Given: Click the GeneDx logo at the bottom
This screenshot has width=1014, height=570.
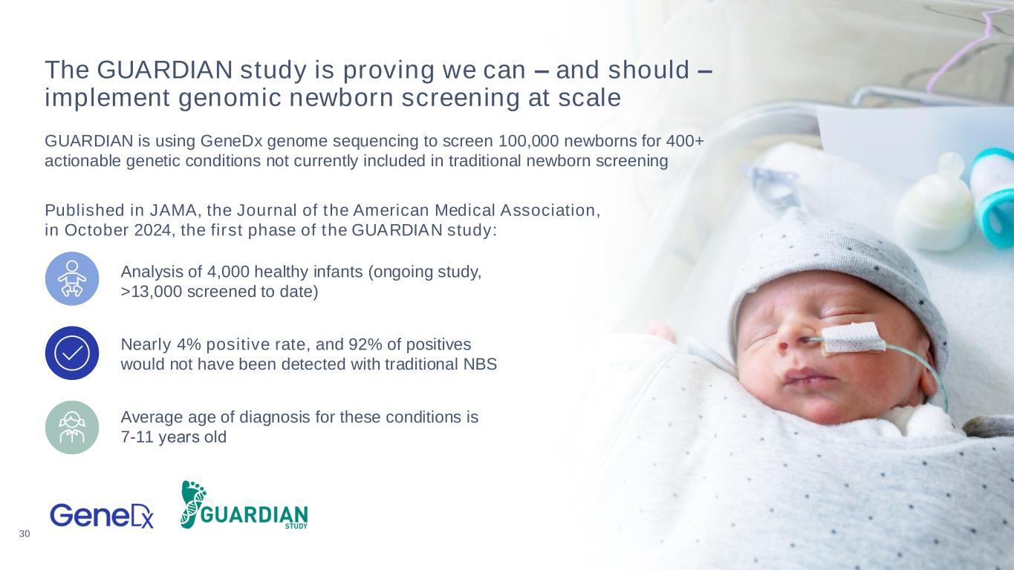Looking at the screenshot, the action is (101, 516).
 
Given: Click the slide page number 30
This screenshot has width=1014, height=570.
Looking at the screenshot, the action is (25, 534).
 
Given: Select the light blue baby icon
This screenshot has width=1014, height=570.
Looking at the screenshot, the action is (72, 278).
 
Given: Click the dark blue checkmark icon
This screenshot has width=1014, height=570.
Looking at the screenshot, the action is (72, 353).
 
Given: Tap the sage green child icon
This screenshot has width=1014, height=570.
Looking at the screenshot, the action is (72, 427).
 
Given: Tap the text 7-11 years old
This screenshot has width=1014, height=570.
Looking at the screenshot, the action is (173, 437).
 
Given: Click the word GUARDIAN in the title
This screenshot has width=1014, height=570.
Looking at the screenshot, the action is (165, 70).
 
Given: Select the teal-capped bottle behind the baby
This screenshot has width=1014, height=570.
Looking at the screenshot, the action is (992, 197).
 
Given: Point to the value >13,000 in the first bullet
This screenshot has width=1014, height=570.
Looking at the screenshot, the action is (152, 292).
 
